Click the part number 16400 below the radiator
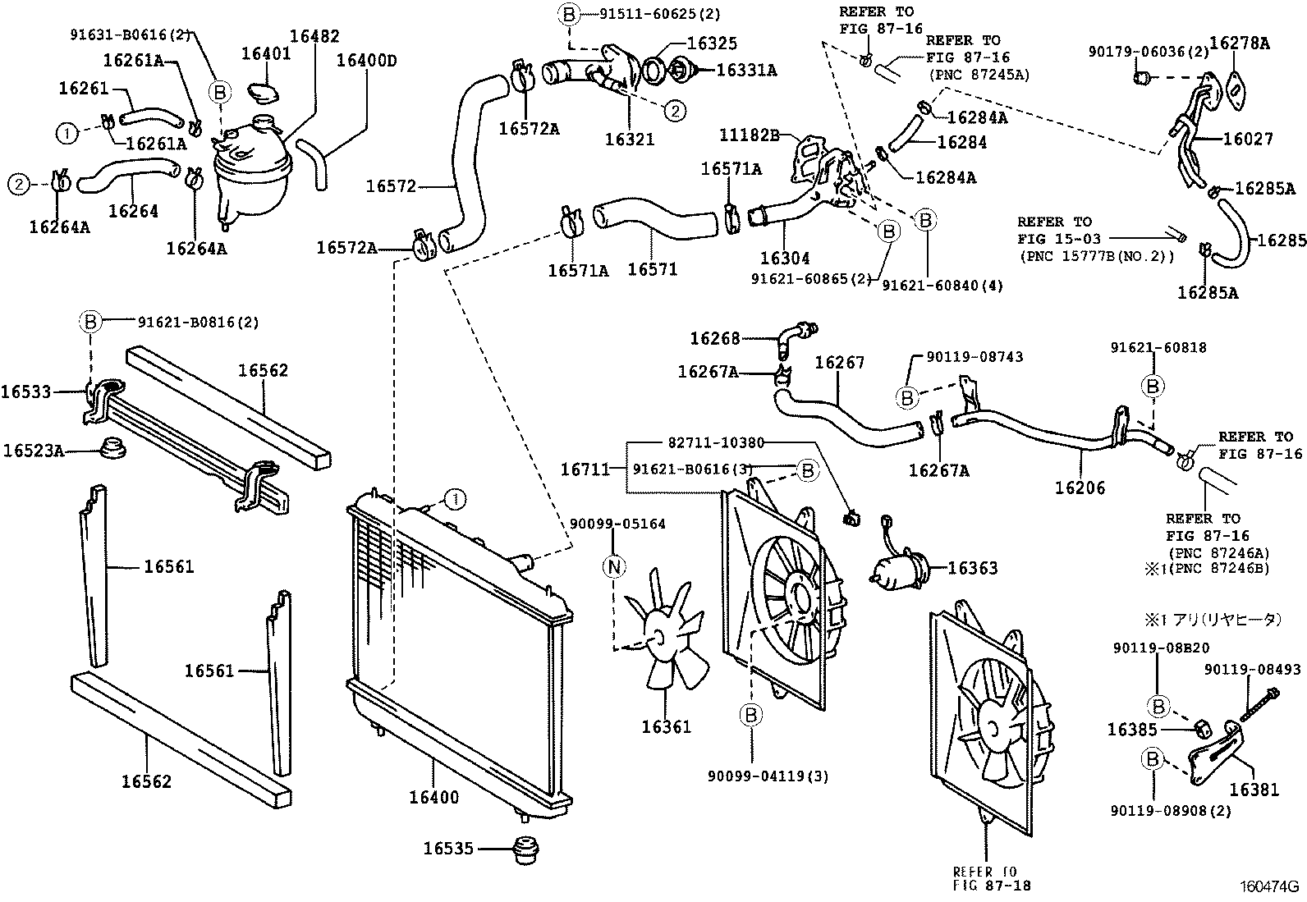(434, 797)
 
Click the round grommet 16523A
(112, 450)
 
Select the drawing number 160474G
(1269, 886)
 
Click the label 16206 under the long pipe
(1080, 488)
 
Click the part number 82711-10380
(716, 442)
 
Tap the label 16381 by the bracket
(1254, 789)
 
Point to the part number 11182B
(749, 134)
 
